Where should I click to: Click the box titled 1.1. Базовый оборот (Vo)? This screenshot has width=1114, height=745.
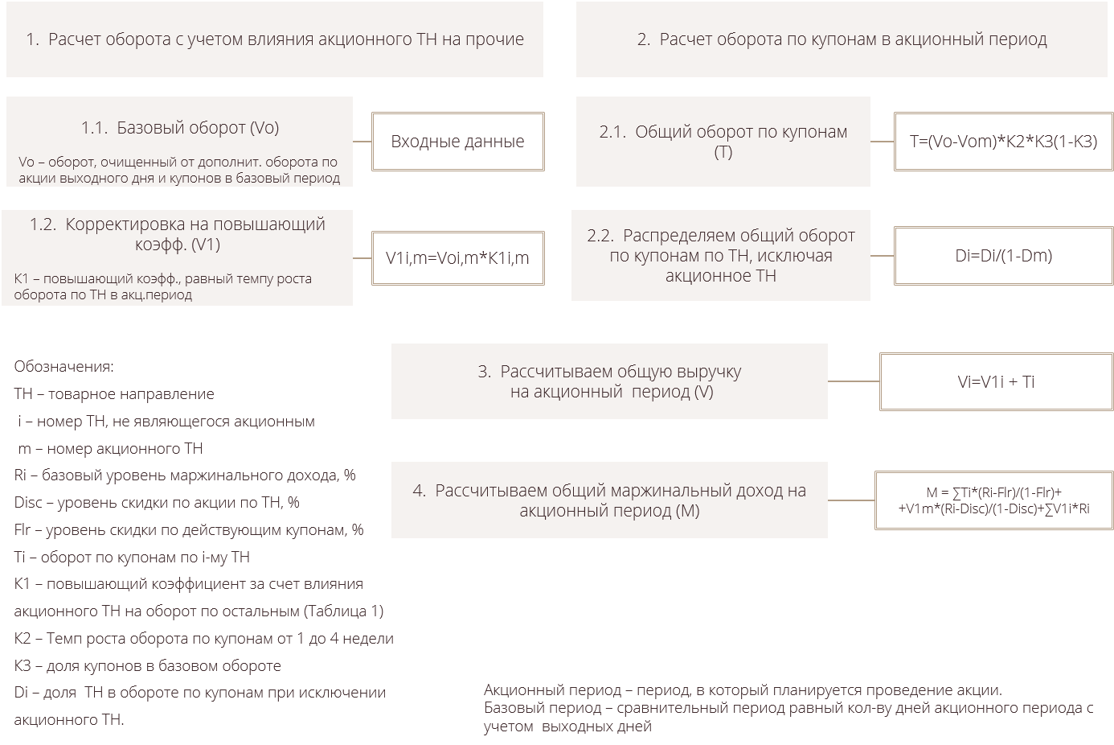click(x=179, y=142)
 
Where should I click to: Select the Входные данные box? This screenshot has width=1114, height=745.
click(x=457, y=142)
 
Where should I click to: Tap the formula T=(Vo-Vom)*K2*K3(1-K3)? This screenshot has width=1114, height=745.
click(x=1003, y=142)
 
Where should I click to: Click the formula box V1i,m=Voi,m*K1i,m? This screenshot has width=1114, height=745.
click(x=457, y=258)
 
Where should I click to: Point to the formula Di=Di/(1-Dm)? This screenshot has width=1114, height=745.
click(x=1003, y=256)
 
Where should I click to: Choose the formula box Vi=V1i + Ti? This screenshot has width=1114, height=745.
click(x=996, y=381)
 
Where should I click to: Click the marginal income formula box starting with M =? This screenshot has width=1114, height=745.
click(x=993, y=500)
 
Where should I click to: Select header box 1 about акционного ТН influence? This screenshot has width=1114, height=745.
click(x=274, y=39)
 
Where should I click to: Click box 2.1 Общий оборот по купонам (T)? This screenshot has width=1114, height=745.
click(x=723, y=142)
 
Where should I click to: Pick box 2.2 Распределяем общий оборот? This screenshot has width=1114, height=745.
click(x=720, y=256)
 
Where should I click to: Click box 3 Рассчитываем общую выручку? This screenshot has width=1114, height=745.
click(x=608, y=381)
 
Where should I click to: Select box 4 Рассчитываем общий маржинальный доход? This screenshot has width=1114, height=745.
click(x=608, y=500)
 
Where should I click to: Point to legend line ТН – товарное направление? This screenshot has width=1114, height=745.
click(x=114, y=394)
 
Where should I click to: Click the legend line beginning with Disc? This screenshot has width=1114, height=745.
click(x=157, y=503)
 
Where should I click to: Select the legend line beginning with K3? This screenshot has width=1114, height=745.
click(x=147, y=666)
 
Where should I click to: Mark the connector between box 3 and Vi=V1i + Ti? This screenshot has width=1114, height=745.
click(x=854, y=381)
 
